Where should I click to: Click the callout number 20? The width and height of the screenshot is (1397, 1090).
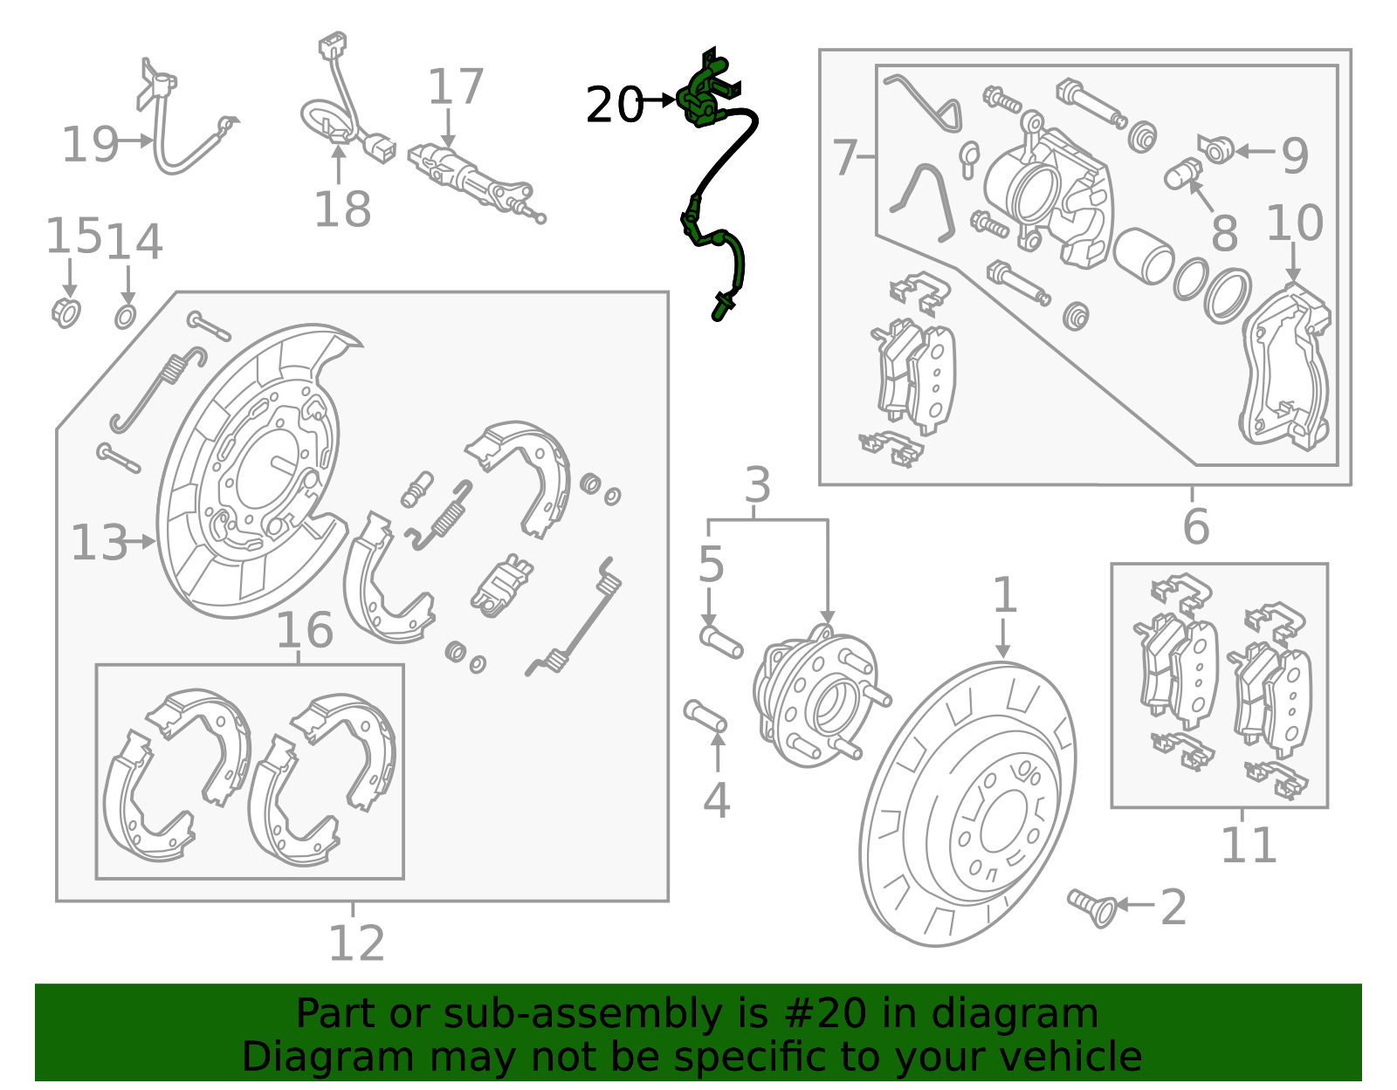pyautogui.click(x=614, y=106)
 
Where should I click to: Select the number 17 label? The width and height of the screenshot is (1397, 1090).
pyautogui.click(x=456, y=87)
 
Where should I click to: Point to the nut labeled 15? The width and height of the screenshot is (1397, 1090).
pyautogui.click(x=66, y=312)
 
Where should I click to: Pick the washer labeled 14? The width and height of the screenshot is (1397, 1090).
pyautogui.click(x=126, y=316)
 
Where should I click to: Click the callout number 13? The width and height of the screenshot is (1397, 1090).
pyautogui.click(x=98, y=543)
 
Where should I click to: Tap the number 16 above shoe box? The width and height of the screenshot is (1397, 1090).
pyautogui.click(x=305, y=630)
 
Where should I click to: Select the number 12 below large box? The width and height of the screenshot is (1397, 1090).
pyautogui.click(x=356, y=943)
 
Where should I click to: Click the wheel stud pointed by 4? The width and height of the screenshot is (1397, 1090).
pyautogui.click(x=705, y=716)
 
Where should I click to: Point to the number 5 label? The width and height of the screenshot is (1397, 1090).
pyautogui.click(x=711, y=565)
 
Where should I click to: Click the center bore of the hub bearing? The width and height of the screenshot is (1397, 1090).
pyautogui.click(x=834, y=706)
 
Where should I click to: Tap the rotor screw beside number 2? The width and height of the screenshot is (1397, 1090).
pyautogui.click(x=1091, y=908)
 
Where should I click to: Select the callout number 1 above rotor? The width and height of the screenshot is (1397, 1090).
pyautogui.click(x=1005, y=595)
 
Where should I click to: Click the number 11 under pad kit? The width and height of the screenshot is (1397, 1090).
pyautogui.click(x=1249, y=844)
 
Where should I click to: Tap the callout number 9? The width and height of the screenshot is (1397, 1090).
pyautogui.click(x=1295, y=155)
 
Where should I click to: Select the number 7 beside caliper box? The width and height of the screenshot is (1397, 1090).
pyautogui.click(x=844, y=158)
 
